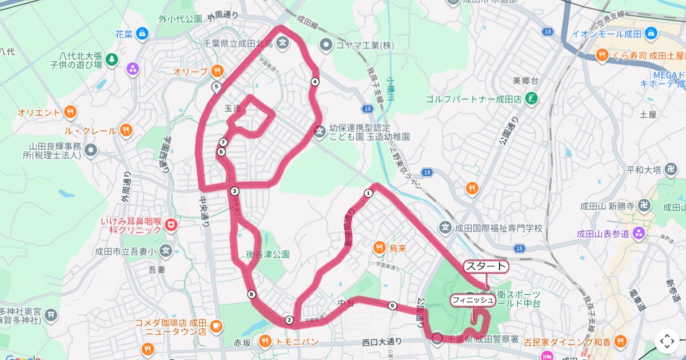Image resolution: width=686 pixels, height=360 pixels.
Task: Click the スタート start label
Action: point(485,266)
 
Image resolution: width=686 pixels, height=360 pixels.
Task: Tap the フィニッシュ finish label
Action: point(473,299)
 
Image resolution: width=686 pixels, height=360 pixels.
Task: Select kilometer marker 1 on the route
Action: point(368,193)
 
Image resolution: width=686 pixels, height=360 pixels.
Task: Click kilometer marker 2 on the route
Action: point(289,320)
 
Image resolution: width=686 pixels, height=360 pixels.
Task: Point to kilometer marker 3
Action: point(234,191)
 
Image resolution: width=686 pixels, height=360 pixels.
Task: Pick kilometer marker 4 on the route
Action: point(314,82)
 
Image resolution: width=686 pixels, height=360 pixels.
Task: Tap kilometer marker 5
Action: point(216,87)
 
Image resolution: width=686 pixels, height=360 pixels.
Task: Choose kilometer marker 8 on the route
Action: point(252,294)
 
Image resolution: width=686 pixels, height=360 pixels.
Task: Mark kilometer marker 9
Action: point(392,306)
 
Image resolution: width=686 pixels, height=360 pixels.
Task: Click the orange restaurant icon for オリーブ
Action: point(217,71)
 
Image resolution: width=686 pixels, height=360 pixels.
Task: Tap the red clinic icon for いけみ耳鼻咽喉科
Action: point(170,225)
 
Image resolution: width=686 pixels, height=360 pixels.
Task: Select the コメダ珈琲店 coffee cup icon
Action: point(216,326)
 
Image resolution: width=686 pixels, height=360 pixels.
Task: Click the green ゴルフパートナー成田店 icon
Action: point(532,98)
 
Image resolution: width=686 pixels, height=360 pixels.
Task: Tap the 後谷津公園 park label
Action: point(268,254)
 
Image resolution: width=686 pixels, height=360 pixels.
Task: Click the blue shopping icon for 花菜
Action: point(142,34)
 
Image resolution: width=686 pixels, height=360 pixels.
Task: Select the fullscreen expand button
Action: point(667,341)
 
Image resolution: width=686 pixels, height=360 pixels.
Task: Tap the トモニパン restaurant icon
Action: point(265,342)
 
